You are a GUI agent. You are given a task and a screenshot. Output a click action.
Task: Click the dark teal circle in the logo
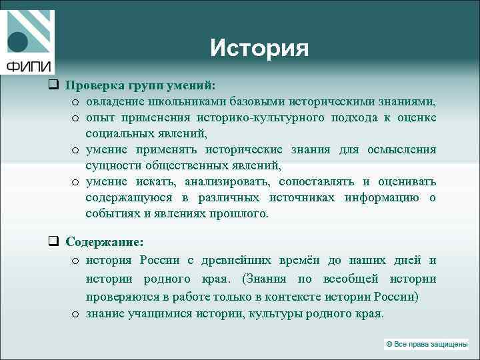[19, 42]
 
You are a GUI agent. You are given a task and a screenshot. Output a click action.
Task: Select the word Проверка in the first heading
[93, 85]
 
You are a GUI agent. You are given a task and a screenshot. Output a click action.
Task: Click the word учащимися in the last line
[155, 313]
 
